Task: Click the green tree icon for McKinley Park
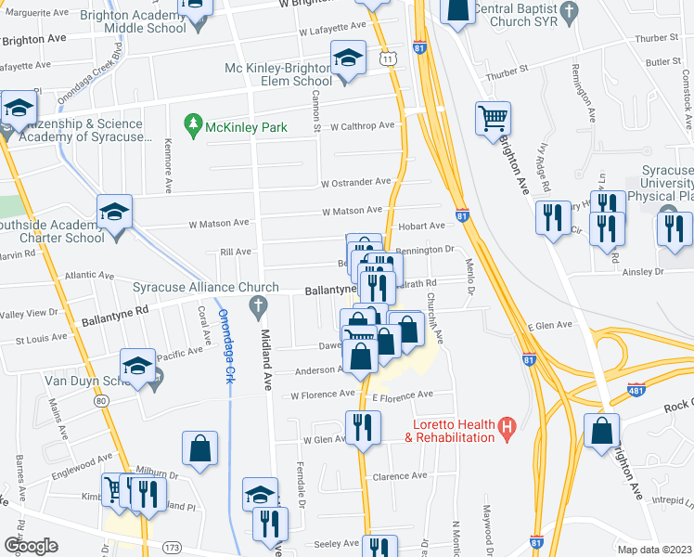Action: pyautogui.click(x=193, y=123)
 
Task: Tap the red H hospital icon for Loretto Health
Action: pyautogui.click(x=507, y=429)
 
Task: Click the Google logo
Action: pyautogui.click(x=31, y=545)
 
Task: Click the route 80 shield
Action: pyautogui.click(x=101, y=400)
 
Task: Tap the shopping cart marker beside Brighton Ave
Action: pyautogui.click(x=494, y=118)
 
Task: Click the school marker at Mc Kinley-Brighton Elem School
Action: pyautogui.click(x=347, y=60)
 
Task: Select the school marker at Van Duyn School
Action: pyautogui.click(x=137, y=368)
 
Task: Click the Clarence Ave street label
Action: pyautogui.click(x=399, y=476)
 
